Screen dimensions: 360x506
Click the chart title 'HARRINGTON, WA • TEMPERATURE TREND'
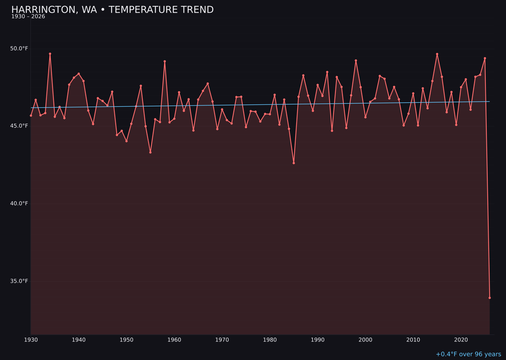112,10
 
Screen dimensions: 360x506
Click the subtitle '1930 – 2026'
28,17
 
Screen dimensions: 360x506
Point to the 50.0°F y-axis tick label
19,49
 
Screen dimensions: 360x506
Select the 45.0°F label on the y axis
19,126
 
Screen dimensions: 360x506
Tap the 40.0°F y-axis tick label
19,203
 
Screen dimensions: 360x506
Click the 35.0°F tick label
19,281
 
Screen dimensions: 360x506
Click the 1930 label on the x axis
31,340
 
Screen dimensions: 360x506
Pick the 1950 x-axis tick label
126,340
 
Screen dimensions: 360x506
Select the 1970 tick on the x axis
222,340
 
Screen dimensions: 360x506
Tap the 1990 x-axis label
318,340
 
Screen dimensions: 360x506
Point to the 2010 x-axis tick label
413,340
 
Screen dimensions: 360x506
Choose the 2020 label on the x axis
461,340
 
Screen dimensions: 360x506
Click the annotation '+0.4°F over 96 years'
468,354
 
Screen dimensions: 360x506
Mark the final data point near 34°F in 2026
490,298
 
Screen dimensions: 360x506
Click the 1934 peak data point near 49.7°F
50,53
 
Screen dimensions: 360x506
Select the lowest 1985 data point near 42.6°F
294,163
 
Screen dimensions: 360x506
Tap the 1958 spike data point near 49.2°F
165,61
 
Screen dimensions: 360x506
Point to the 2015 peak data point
437,54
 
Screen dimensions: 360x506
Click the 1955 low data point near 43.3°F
150,152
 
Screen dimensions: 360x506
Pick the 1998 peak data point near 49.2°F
356,60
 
